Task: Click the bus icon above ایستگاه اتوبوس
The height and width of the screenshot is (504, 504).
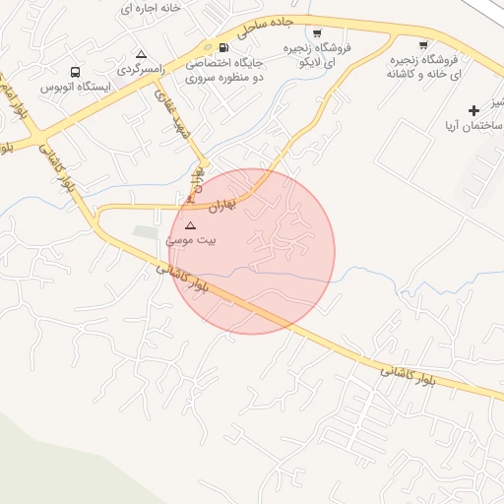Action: [76, 72]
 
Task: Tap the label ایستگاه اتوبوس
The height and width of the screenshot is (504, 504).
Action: [76, 87]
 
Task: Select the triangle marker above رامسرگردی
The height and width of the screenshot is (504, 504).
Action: [141, 54]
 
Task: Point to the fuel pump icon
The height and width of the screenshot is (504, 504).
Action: [224, 47]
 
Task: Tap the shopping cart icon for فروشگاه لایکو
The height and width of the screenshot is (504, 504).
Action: [316, 32]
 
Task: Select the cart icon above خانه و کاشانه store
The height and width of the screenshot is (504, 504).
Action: [423, 44]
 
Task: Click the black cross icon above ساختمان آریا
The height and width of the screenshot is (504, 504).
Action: [474, 109]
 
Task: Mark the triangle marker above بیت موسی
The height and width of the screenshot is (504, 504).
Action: [190, 225]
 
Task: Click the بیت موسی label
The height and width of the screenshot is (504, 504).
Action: [191, 239]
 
